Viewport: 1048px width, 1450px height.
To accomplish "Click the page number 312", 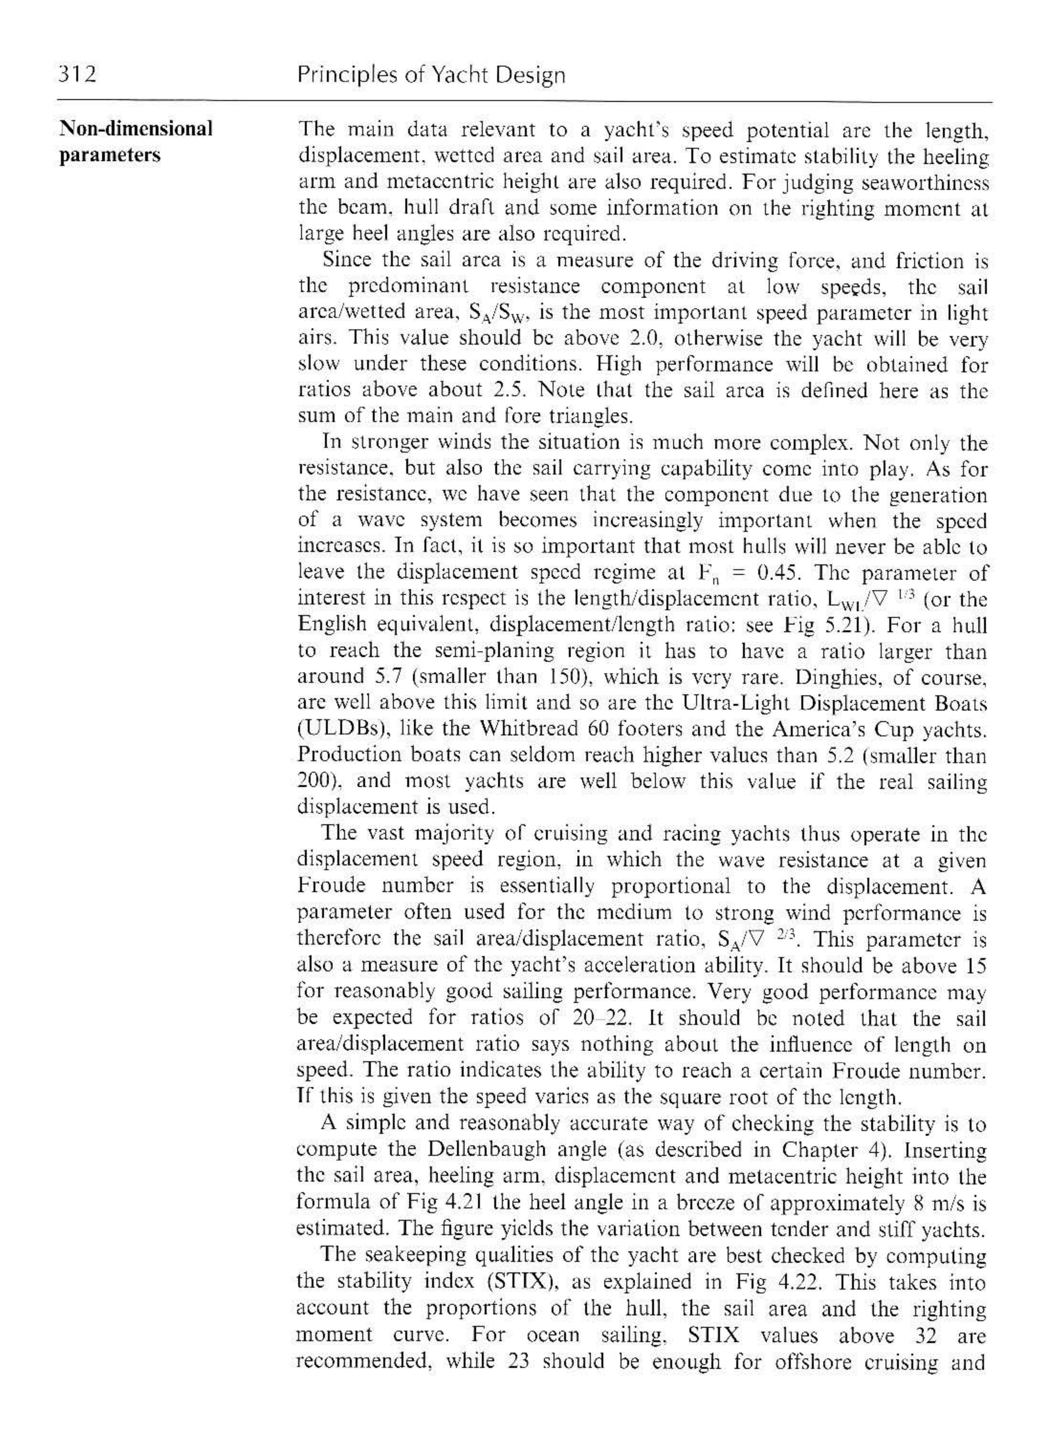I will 77,75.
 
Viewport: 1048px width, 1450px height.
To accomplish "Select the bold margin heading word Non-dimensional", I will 136,129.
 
